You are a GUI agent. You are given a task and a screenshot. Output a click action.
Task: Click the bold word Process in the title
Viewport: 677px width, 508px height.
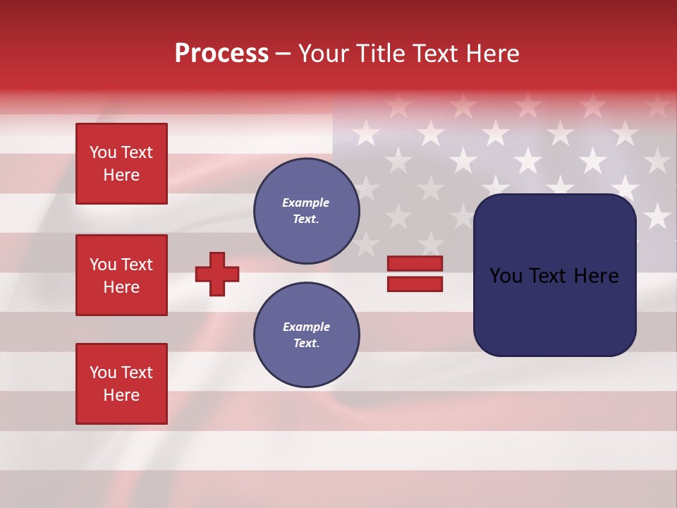pos(221,54)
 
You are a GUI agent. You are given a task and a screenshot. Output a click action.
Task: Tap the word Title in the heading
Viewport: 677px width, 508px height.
pos(379,54)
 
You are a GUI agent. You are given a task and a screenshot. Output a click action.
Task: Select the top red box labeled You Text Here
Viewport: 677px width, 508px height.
pos(121,164)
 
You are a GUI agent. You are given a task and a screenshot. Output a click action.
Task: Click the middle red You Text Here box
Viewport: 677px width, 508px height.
pos(121,275)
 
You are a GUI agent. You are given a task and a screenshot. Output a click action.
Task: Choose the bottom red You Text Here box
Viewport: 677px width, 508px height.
pos(121,384)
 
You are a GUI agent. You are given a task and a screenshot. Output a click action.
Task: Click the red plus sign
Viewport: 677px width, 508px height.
pos(217,274)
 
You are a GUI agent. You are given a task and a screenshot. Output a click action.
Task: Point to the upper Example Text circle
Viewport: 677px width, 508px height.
pos(306,211)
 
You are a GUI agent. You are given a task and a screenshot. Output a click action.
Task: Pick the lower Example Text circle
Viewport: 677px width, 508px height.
pos(306,335)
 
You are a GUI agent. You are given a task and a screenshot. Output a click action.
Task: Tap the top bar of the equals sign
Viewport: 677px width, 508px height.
pos(415,264)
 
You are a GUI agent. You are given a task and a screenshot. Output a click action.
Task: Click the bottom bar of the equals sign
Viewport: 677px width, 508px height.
pos(415,284)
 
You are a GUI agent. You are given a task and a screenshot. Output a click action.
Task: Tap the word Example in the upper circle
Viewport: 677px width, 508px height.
pos(306,202)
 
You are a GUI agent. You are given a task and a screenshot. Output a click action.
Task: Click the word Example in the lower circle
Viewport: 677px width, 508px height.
pos(306,327)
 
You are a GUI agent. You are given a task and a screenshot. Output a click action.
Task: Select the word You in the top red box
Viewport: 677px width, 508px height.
pos(103,152)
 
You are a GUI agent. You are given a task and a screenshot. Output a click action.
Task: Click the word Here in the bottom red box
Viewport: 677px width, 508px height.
pos(121,395)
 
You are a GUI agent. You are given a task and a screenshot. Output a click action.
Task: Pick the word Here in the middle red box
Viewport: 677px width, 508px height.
pos(121,287)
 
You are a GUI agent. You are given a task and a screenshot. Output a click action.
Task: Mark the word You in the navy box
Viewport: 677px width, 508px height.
pos(506,275)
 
